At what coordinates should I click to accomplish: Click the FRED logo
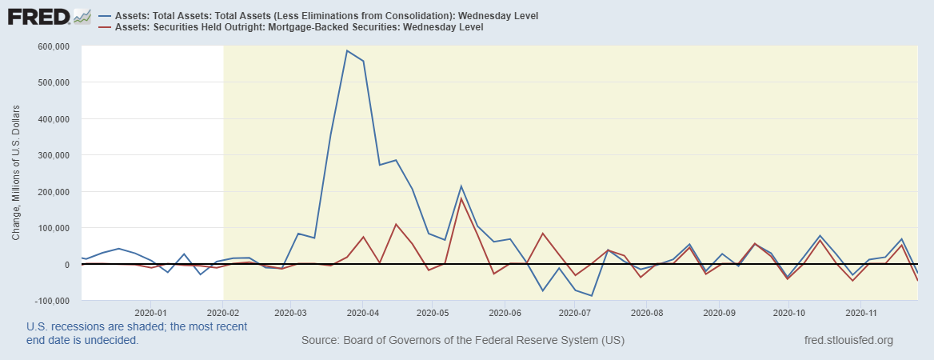coord(38,17)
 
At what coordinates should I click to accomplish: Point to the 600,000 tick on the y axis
coord(53,46)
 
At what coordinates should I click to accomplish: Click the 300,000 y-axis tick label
coord(53,155)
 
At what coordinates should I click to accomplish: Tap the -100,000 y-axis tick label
coord(51,301)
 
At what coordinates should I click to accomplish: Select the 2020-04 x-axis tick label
coord(362,312)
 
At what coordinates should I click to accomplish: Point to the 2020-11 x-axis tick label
coord(859,312)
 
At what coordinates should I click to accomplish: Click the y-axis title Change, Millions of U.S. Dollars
coord(17,174)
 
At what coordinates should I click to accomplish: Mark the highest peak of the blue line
coord(346,50)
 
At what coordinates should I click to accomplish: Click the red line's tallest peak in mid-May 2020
coord(461,198)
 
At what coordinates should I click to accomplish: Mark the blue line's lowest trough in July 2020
coord(591,296)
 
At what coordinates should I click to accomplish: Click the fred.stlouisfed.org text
coord(848,341)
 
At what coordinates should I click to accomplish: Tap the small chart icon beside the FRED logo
coord(82,16)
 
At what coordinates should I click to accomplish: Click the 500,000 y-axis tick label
coord(53,82)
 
